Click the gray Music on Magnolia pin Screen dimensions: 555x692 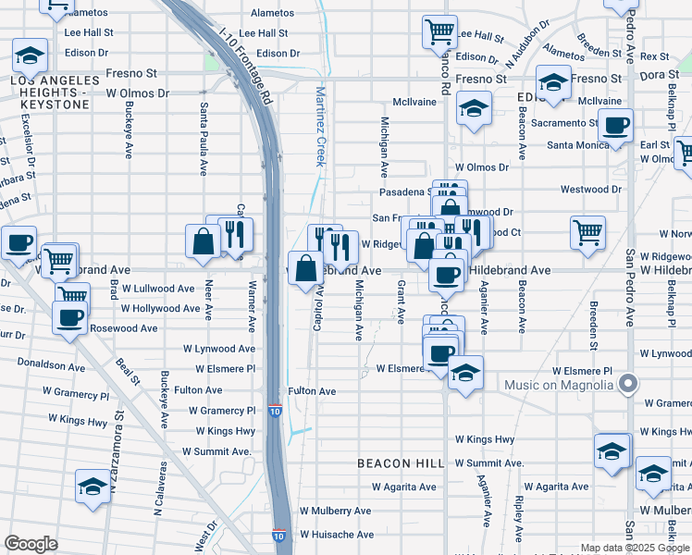tap(629, 383)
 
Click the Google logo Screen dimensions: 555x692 tap(31, 543)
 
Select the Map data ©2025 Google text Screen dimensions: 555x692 tap(635, 548)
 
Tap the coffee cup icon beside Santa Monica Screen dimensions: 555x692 tap(615, 126)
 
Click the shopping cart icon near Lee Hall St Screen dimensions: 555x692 tap(439, 31)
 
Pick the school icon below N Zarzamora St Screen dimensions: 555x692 tap(93, 487)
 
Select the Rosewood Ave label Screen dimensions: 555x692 tap(122, 328)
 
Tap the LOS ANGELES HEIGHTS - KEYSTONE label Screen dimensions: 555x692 tap(50, 93)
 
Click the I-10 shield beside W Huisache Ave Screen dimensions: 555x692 tap(279, 536)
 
